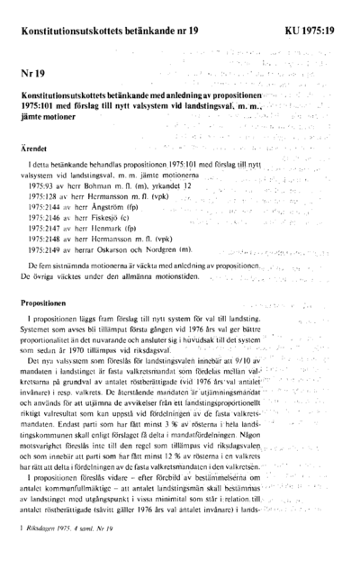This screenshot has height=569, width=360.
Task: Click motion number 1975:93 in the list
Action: point(43,183)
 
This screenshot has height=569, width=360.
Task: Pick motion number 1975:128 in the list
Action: point(45,194)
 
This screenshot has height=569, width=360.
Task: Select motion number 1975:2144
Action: point(47,205)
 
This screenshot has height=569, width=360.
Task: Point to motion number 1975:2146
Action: point(47,217)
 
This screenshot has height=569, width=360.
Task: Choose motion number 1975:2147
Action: point(47,229)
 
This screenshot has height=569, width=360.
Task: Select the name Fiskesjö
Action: point(109,217)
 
